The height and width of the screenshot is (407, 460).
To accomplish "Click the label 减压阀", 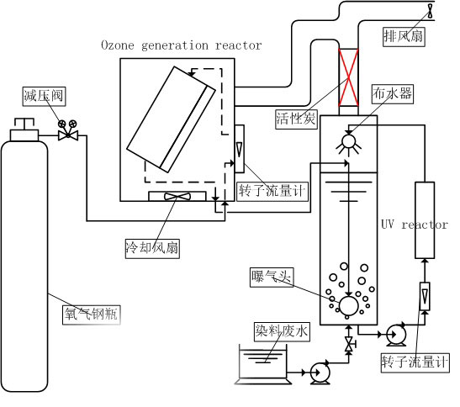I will [40, 95].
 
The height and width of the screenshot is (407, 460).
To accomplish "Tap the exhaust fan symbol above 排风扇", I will [431, 11].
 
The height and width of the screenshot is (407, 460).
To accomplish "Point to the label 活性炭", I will [296, 119].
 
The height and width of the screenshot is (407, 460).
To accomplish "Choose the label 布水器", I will [392, 93].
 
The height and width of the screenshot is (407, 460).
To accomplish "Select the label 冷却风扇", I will [150, 248].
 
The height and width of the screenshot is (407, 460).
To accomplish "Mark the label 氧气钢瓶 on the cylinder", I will [91, 314].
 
